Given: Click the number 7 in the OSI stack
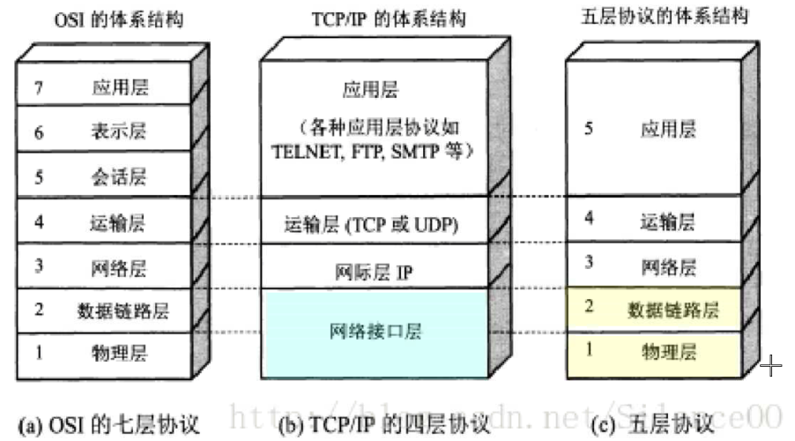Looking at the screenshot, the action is (x=36, y=86).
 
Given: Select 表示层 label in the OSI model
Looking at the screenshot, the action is (x=118, y=132).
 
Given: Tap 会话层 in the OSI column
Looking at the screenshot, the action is (x=118, y=177).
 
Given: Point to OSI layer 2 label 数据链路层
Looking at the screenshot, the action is (x=123, y=310).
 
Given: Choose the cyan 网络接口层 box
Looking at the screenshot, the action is (x=375, y=332).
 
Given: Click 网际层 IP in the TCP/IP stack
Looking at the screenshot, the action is (x=375, y=273).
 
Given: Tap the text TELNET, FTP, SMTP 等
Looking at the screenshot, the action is (x=374, y=151).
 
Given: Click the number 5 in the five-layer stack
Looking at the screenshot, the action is (x=588, y=129).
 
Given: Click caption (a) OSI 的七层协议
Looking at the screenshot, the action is (x=112, y=425).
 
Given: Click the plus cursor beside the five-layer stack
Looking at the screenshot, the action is (x=770, y=365).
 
